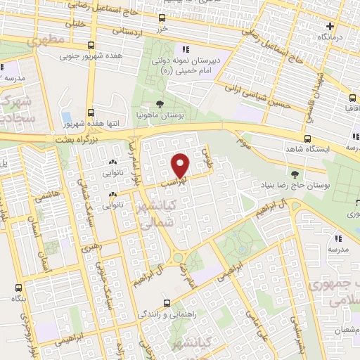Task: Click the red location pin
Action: pos(181,165)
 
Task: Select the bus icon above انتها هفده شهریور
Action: pos(90,112)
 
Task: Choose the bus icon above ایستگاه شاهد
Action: pos(307,139)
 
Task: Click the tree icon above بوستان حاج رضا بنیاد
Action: pos(295,174)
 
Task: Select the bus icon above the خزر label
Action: pos(162,18)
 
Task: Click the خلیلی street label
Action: pos(73,24)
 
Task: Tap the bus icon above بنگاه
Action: pos(18,287)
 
